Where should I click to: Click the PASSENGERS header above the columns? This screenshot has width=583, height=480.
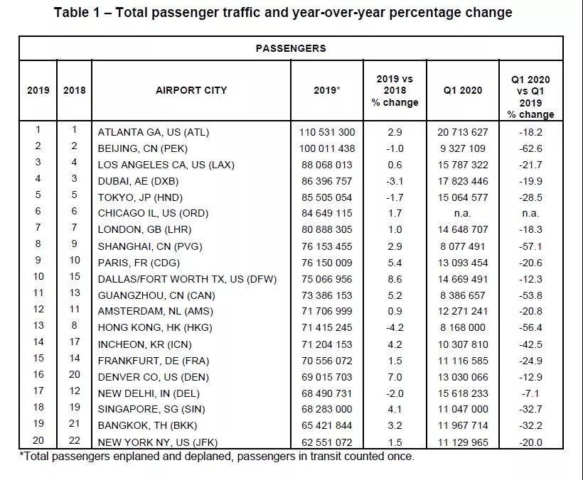(x=291, y=48)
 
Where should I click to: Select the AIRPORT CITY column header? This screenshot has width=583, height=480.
(x=191, y=90)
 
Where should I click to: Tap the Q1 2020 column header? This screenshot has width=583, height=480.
(x=463, y=90)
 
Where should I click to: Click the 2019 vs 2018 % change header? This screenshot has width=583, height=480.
(x=395, y=91)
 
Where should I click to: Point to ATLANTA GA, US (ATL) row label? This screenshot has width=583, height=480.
(x=153, y=132)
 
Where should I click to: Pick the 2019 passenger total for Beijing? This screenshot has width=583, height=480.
(x=327, y=148)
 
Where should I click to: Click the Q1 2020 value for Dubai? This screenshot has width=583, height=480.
(x=463, y=181)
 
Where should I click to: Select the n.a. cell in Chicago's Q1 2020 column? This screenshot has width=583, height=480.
(x=463, y=214)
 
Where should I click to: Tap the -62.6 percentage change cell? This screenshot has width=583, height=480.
(x=530, y=148)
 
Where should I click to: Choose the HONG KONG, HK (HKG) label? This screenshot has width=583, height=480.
(x=155, y=327)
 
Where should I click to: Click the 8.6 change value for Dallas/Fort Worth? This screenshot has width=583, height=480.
(x=395, y=279)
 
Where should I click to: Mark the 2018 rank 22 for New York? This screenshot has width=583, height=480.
(x=75, y=440)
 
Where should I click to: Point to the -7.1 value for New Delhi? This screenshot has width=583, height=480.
(x=530, y=393)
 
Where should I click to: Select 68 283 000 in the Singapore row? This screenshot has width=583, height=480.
(x=327, y=409)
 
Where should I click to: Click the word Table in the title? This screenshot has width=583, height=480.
(x=72, y=13)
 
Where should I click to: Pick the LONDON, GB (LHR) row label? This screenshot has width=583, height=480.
(x=144, y=230)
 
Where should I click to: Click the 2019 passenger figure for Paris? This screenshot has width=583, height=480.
(x=327, y=263)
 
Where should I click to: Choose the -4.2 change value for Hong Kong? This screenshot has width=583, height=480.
(x=395, y=327)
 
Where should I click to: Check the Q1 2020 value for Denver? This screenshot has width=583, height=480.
(x=463, y=377)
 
